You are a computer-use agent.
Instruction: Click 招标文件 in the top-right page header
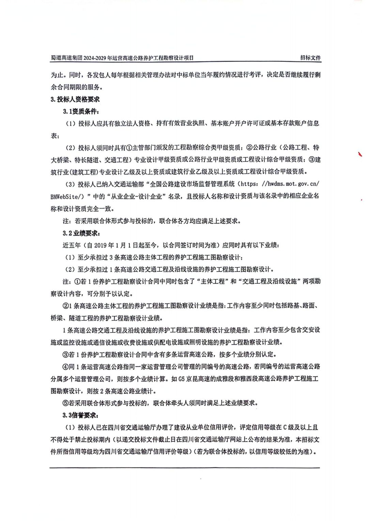(310, 58)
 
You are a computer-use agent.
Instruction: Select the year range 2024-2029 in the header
(100, 58)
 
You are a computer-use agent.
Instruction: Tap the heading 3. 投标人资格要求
(75, 99)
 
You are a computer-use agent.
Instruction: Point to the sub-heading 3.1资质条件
(81, 111)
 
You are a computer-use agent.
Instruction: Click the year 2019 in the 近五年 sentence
(101, 245)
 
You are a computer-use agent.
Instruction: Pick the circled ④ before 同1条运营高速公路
(65, 367)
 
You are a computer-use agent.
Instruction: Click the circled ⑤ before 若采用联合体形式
(65, 403)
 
